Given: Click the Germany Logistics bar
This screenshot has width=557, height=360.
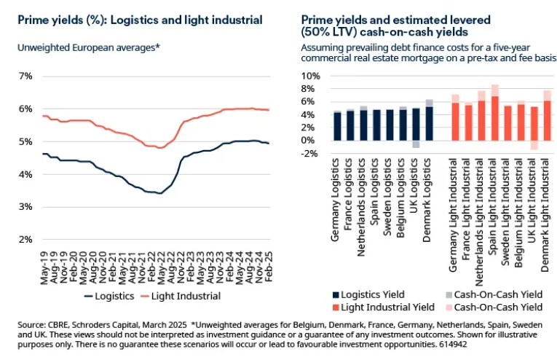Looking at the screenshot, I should pos(337,125).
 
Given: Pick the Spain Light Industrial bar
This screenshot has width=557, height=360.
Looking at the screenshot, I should pos(496,117).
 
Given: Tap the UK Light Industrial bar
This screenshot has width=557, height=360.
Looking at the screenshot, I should pos(534,123).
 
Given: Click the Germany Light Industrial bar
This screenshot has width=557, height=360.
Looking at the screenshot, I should pos(455,121).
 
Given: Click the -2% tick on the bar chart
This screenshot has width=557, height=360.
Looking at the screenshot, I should pos(311,154).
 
